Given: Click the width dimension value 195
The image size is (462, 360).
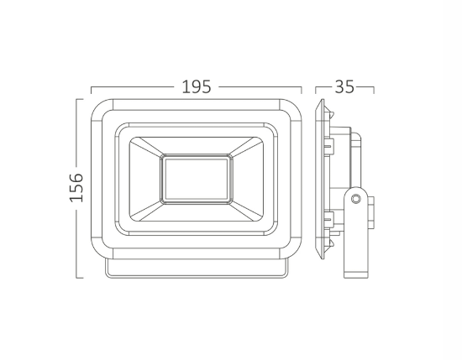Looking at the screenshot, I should tap(195, 86).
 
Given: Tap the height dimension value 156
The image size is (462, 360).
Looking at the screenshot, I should tap(76, 188).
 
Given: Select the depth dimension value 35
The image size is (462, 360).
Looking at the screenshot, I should tap(344, 86).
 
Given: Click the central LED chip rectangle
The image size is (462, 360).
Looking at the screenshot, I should tap(195, 178).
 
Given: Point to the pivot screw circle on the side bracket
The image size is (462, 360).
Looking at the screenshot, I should tap(356, 199).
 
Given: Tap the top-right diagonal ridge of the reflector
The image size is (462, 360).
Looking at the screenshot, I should tap(244, 147).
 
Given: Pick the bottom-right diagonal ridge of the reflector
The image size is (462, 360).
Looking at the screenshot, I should tap(244, 210).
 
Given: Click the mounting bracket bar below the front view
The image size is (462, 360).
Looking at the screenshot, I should tap(195, 269).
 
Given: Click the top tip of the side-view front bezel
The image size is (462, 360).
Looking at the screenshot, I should tap(320, 104).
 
